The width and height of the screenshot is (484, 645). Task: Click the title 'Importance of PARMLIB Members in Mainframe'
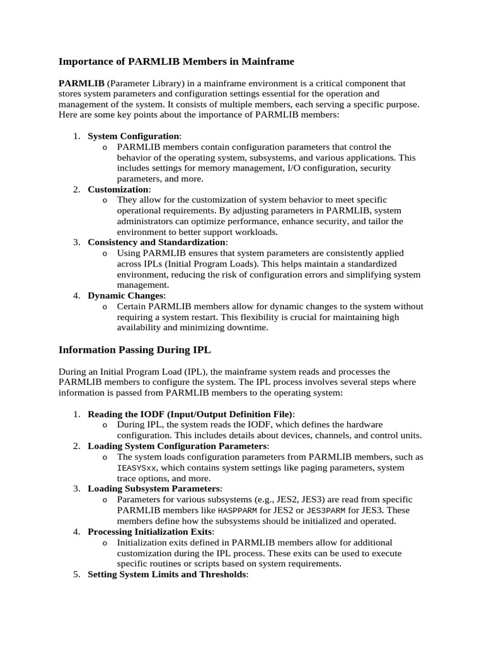click(176, 62)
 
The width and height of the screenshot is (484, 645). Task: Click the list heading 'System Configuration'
click(134, 136)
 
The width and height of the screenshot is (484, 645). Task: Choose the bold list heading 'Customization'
click(118, 189)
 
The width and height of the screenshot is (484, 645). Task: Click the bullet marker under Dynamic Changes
click(104, 307)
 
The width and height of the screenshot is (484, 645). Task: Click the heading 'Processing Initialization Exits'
click(150, 532)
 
